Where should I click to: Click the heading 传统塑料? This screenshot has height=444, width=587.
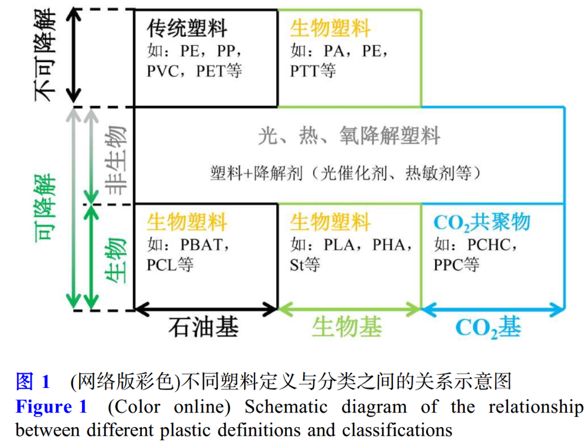[187, 29]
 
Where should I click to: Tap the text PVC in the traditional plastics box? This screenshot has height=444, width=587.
[163, 71]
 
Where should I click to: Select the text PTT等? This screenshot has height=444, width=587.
[313, 71]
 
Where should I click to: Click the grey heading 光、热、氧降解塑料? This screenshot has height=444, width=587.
[349, 136]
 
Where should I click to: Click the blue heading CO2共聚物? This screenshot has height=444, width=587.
[482, 223]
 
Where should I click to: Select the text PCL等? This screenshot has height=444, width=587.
[170, 265]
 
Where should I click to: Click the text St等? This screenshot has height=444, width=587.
[305, 265]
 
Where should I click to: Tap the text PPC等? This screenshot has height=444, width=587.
[457, 265]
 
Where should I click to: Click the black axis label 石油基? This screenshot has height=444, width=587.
[203, 328]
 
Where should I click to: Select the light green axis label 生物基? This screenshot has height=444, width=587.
[347, 328]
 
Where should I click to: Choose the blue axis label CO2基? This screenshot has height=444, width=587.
[488, 328]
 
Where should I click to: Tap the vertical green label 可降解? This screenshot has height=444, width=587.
[46, 208]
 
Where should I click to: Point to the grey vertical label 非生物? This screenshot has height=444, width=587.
[115, 158]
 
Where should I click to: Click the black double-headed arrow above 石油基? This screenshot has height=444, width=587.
[206, 310]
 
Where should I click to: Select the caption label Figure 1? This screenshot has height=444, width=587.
[51, 407]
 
